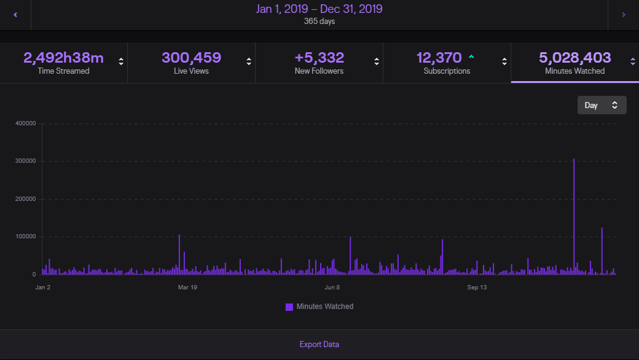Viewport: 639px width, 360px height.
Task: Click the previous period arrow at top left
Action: pos(15,15)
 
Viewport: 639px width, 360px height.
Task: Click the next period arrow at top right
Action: pos(624,15)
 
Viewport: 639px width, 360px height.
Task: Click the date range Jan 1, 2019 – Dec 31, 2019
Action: pos(319,9)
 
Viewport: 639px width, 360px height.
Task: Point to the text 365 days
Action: pos(319,22)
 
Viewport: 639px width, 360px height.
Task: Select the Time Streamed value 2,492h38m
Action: pos(63,58)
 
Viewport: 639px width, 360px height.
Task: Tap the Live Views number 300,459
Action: pos(191,58)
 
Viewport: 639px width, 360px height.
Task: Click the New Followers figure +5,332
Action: pos(319,58)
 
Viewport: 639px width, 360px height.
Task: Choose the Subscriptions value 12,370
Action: pos(439,58)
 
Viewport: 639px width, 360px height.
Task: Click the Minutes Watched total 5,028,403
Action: pos(574,58)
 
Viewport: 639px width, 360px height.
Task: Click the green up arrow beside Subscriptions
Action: pos(471,57)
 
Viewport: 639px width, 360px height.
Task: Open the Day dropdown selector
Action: pos(602,105)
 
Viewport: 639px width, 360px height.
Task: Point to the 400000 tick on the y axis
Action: pos(25,123)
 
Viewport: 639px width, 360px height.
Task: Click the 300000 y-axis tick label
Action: pos(25,161)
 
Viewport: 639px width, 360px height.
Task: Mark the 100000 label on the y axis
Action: pos(25,237)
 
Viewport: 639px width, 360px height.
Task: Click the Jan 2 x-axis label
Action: pos(43,287)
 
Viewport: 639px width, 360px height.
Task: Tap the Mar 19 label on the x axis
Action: pos(187,287)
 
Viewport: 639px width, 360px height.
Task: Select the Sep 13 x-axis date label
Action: pos(477,287)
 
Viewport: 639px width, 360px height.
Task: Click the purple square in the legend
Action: pos(289,307)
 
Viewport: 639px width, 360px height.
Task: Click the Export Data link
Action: pos(319,345)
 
